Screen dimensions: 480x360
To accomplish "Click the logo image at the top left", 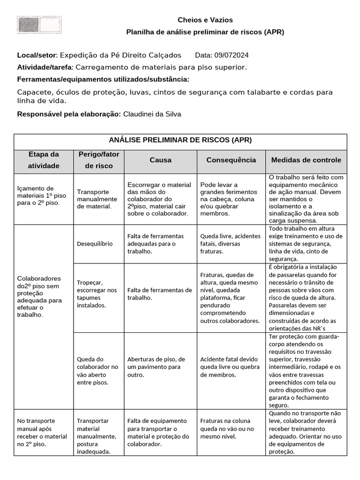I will coord(39,25).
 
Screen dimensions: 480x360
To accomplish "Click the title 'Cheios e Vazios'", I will coord(205,20).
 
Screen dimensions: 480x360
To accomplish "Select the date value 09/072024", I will coord(232,55).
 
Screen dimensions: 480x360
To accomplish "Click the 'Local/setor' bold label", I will coord(37,55).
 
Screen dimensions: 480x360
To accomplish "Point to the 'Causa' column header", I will coord(160,160).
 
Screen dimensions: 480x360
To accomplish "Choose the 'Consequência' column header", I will coord(231,160).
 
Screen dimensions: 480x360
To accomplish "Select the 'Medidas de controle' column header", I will coord(306,160).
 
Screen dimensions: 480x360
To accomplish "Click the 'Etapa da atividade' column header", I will coord(44,160).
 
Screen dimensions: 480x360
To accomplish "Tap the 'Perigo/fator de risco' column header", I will coord(98,160).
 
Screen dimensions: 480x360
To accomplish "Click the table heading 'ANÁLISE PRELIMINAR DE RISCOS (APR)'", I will coord(180,140).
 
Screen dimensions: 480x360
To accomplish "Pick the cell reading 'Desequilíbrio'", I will coord(95,244).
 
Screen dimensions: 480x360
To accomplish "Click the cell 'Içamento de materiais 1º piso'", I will coord(42,195).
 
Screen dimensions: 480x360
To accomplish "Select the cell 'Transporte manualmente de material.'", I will coord(94,199).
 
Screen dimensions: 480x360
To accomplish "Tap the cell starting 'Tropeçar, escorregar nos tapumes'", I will coord(97,294).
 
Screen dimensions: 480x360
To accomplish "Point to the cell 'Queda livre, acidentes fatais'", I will coord(227,244).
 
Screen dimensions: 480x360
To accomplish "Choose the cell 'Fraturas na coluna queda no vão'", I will coord(227,429).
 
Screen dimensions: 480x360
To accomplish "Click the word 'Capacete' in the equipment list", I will coord(33,92).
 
